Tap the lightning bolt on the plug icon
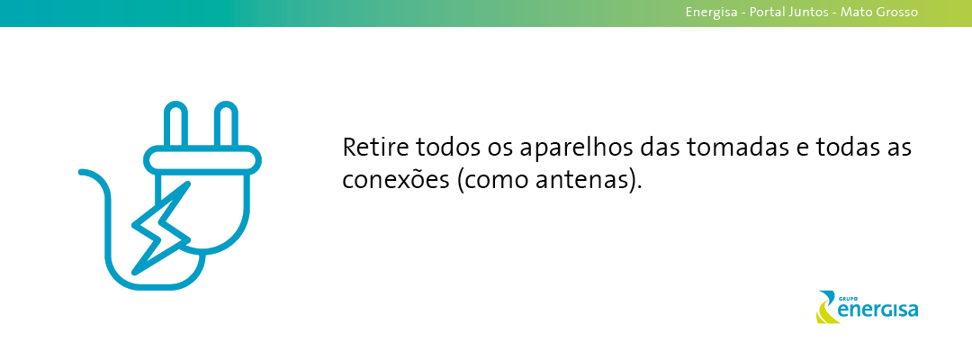161,229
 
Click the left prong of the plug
175,124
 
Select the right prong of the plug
226,124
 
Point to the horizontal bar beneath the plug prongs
202,160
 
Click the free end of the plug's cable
82,172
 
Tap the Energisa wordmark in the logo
877,310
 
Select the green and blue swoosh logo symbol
826,307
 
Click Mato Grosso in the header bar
878,12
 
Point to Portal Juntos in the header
788,12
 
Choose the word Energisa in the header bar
712,13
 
